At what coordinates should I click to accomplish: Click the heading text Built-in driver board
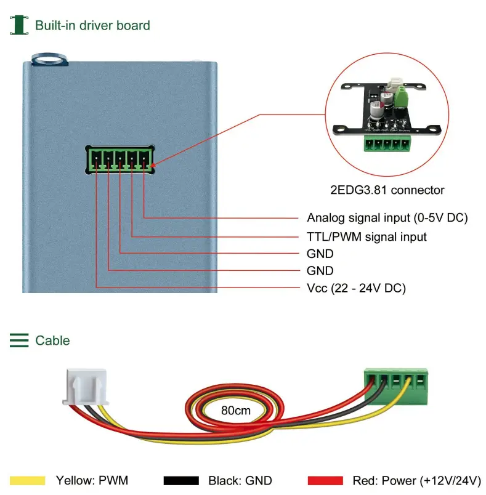pos(92,25)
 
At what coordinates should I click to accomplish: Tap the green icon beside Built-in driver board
pos(19,25)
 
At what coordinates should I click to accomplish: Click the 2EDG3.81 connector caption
pos(387,190)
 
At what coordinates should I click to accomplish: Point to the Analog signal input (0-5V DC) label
pos(387,217)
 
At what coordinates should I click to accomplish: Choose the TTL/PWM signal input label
pos(367,236)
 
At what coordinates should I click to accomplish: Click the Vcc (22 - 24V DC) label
pos(356,288)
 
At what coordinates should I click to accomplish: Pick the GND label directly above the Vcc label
pos(320,271)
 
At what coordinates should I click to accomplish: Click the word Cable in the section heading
pos(52,340)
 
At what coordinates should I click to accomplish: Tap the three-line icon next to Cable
pos(19,340)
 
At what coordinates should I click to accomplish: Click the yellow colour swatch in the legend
pos(28,480)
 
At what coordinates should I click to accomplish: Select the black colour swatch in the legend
pos(181,480)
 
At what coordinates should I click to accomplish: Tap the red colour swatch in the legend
pos(325,480)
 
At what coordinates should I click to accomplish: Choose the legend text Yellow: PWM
pos(92,480)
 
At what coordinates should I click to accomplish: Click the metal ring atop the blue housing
pos(49,59)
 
